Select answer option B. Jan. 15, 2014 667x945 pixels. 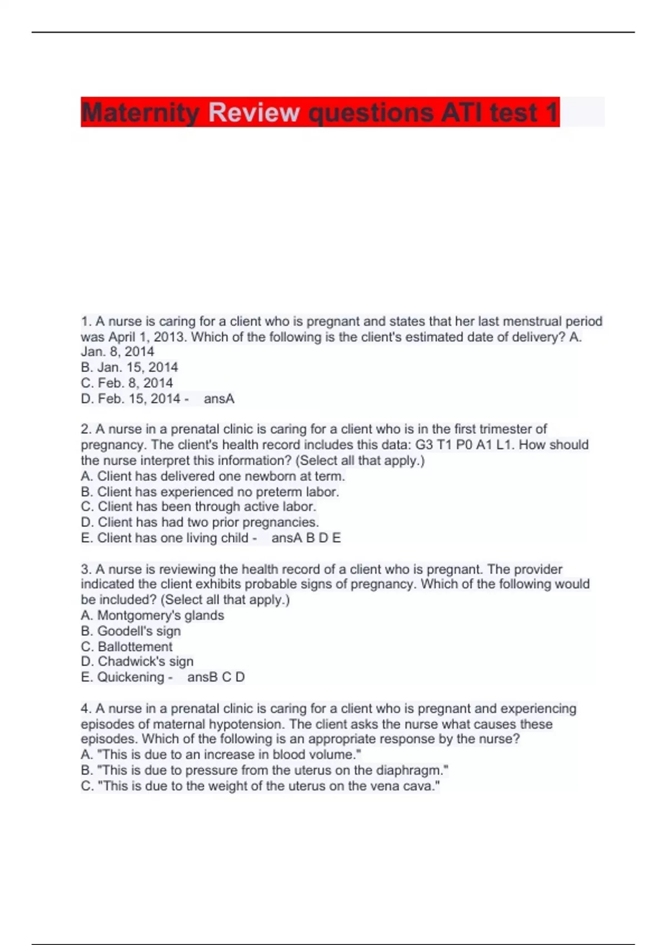129,367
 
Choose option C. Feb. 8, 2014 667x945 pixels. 127,383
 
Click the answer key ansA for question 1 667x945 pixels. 219,399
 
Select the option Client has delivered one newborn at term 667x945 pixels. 213,476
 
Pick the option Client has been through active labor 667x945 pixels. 198,507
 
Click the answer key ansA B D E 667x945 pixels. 306,538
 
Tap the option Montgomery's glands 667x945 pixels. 152,615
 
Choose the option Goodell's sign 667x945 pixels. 131,631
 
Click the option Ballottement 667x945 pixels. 127,646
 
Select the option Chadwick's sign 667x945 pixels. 137,661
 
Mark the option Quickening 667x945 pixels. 123,677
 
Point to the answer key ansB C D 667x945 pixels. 216,677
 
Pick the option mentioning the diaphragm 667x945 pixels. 265,770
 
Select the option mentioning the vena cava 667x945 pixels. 260,786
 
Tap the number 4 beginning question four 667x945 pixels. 85,709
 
